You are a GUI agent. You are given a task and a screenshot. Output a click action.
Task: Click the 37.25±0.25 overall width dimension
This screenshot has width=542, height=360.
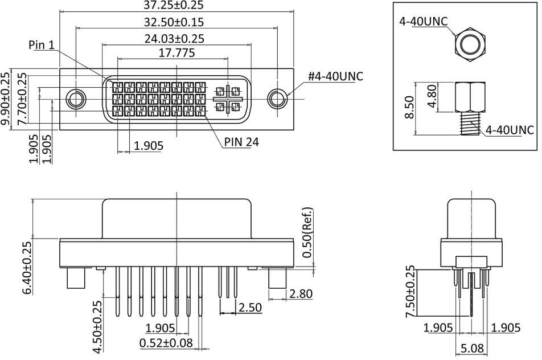tap(176, 6)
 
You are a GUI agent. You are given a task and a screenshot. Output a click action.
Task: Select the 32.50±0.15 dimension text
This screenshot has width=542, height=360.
tap(176, 22)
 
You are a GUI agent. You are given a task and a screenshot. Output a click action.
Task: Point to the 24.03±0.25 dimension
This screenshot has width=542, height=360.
tap(176, 39)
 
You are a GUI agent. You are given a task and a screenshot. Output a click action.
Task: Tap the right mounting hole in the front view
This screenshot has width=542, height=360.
tap(277, 99)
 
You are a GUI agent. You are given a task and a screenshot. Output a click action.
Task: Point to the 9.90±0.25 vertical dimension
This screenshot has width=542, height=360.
tap(6, 99)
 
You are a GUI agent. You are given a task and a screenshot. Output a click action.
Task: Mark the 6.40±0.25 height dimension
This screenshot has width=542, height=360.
tap(27, 267)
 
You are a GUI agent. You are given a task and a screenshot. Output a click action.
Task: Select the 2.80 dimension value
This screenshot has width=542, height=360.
tap(300, 294)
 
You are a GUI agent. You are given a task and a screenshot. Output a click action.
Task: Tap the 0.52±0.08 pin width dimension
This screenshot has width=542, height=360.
tap(165, 343)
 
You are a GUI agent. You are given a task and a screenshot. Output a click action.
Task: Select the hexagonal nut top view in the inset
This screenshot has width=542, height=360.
tap(470, 43)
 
